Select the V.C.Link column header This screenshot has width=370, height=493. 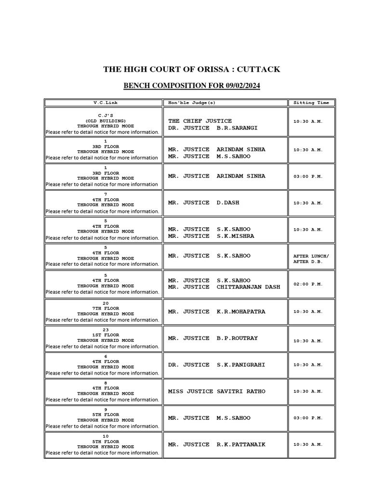(x=105, y=103)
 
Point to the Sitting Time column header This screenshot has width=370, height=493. (x=311, y=103)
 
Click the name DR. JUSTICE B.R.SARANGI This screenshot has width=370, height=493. (x=213, y=128)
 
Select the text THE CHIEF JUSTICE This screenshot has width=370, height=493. (x=200, y=121)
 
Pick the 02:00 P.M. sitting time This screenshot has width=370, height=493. (x=308, y=284)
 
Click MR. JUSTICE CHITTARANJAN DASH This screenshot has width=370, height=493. (x=224, y=287)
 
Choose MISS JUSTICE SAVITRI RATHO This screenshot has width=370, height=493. (x=217, y=391)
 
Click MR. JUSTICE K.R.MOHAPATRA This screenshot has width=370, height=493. (x=217, y=311)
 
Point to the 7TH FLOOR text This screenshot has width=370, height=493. (x=105, y=309)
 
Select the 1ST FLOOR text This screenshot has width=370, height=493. (x=105, y=335)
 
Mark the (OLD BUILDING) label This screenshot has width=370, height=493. (x=105, y=121)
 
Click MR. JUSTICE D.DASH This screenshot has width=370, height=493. (x=203, y=203)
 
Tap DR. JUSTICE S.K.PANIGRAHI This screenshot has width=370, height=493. (x=217, y=365)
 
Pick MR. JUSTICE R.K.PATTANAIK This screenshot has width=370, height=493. (x=217, y=444)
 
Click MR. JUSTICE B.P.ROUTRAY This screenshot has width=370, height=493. (x=213, y=338)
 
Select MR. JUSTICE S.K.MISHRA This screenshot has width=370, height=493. (x=211, y=236)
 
